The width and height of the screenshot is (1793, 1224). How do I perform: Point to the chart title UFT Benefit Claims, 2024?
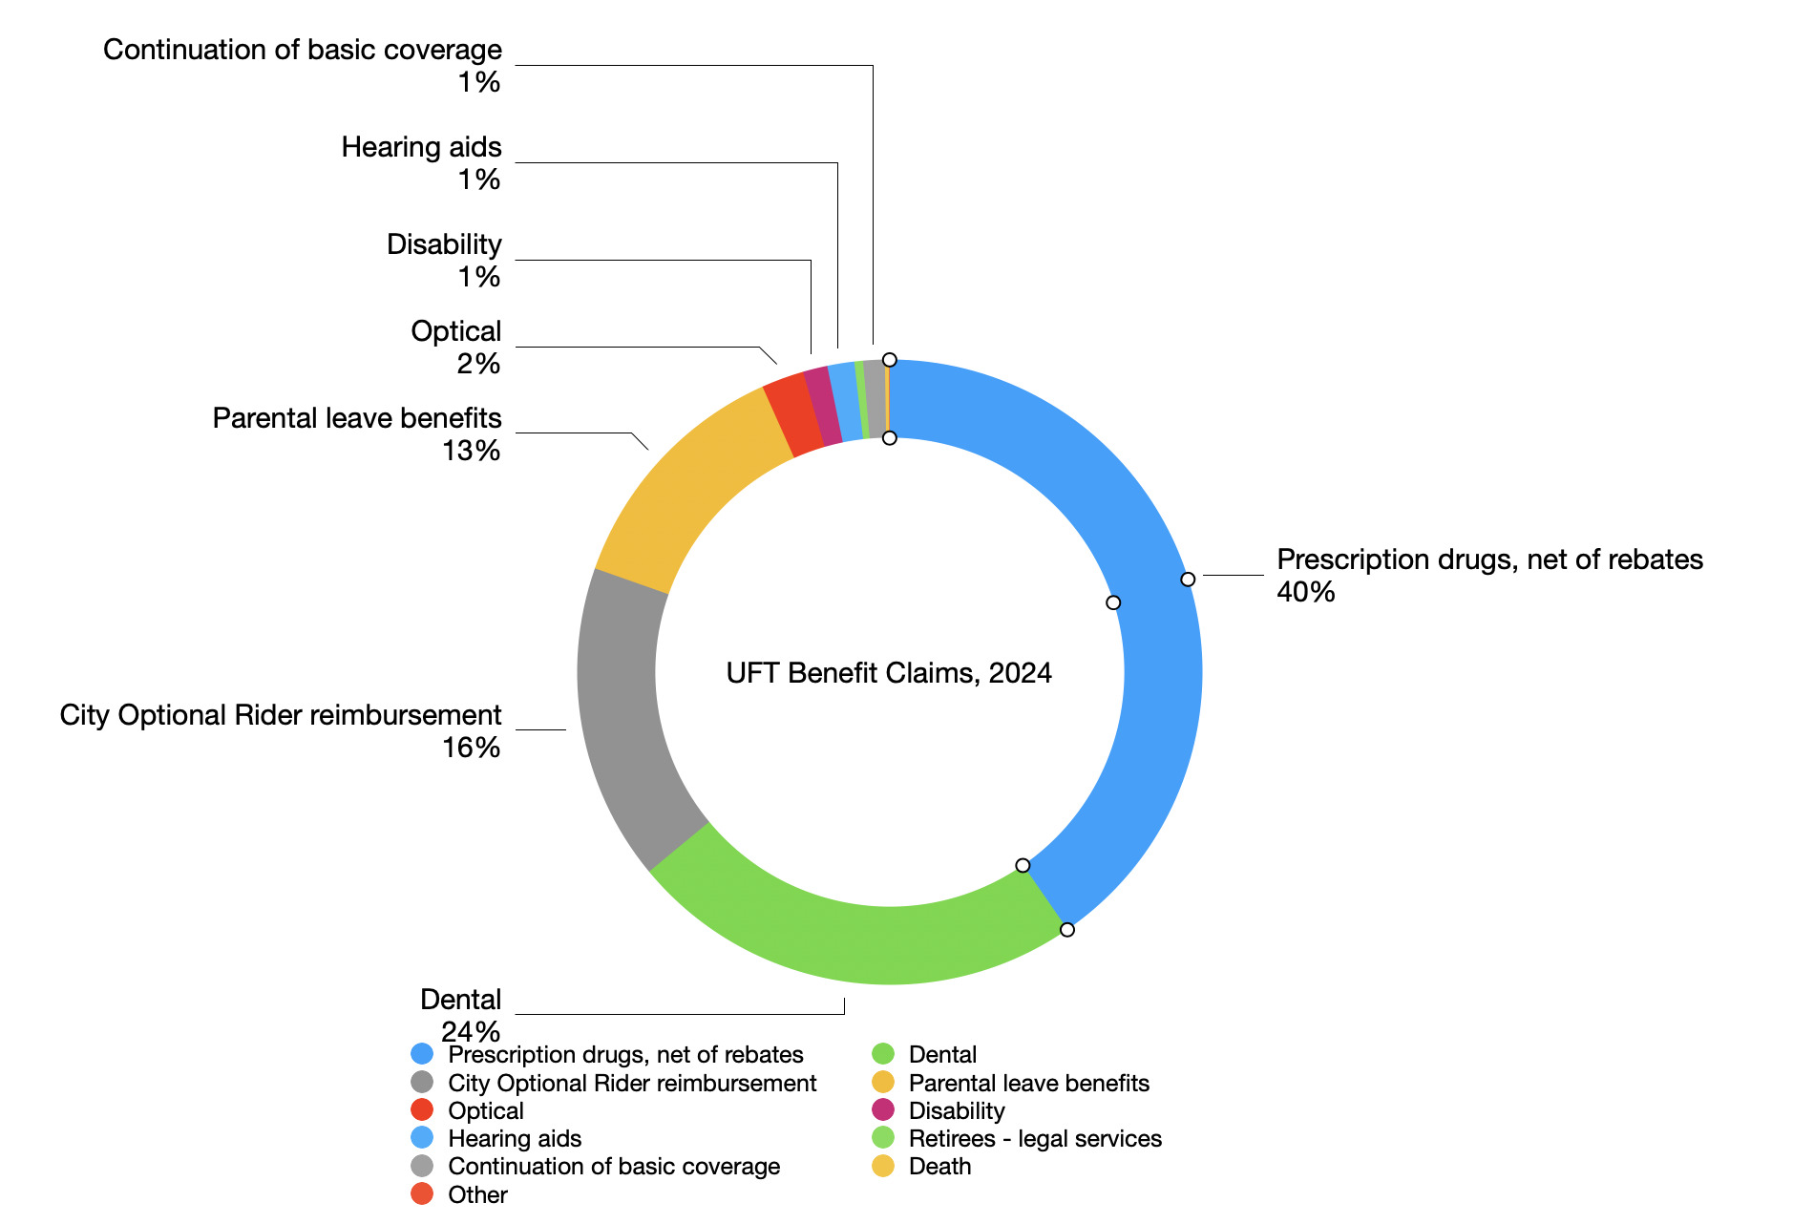click(889, 673)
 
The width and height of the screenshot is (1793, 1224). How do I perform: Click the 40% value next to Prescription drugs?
click(1305, 592)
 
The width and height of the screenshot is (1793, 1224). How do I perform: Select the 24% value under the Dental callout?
click(471, 1031)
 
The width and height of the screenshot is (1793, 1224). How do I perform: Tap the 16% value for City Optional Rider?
click(471, 748)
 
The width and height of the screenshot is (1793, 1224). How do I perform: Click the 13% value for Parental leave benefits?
click(471, 451)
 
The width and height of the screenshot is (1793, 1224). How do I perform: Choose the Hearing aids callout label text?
click(421, 147)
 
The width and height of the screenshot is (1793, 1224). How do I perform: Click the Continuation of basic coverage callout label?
click(302, 50)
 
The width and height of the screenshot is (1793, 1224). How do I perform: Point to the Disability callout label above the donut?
click(444, 244)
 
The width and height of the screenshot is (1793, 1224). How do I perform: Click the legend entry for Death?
click(939, 1167)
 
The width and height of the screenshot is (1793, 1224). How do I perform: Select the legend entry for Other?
click(477, 1194)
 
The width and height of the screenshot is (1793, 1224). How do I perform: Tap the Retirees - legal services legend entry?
click(1035, 1139)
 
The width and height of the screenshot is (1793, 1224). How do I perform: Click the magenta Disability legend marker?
click(883, 1110)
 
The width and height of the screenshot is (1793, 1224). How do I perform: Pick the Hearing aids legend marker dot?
click(422, 1138)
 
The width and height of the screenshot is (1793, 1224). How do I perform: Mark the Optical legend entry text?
click(486, 1111)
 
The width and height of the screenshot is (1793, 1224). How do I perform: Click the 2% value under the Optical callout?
click(478, 364)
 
